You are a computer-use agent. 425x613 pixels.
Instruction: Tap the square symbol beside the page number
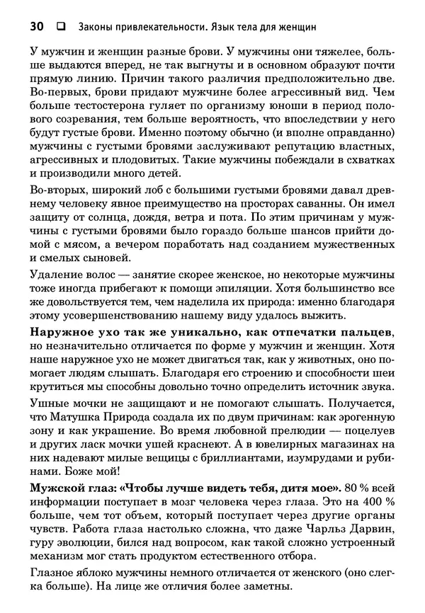tap(60, 28)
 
